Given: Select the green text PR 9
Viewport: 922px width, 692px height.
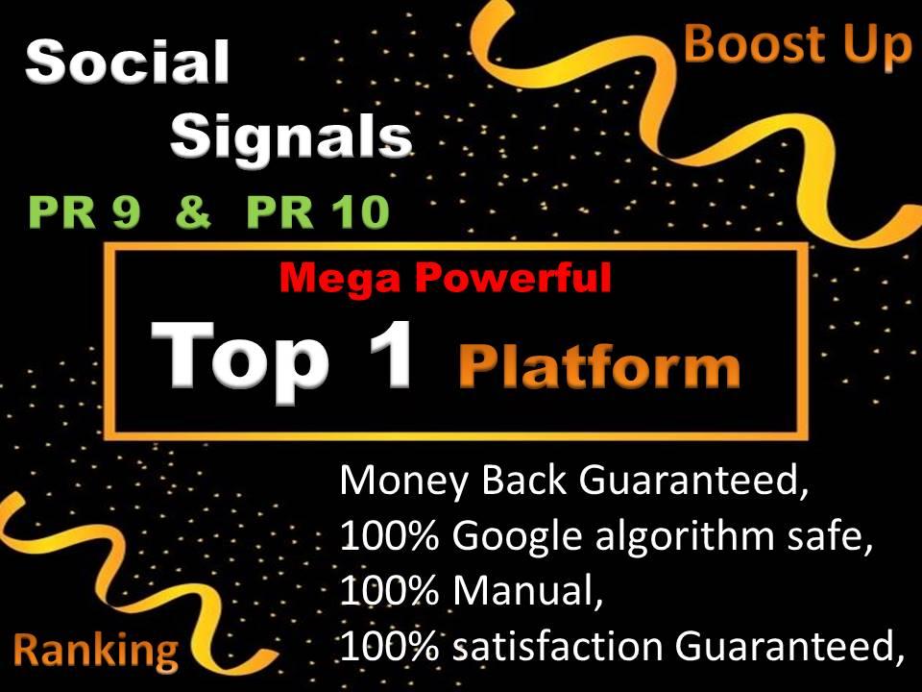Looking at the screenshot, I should pos(85,213).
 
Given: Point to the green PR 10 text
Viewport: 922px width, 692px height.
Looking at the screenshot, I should pos(318,213).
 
